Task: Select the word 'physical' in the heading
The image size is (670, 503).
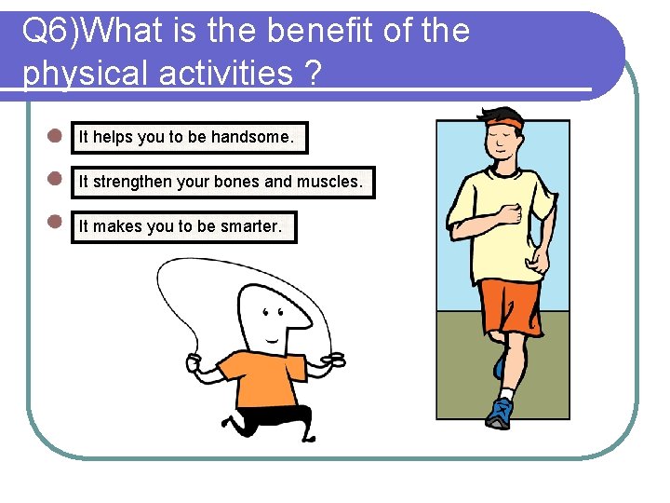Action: [x=80, y=73]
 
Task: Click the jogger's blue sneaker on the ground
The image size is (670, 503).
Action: [x=500, y=413]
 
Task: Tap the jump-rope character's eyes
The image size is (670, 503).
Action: [x=274, y=315]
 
